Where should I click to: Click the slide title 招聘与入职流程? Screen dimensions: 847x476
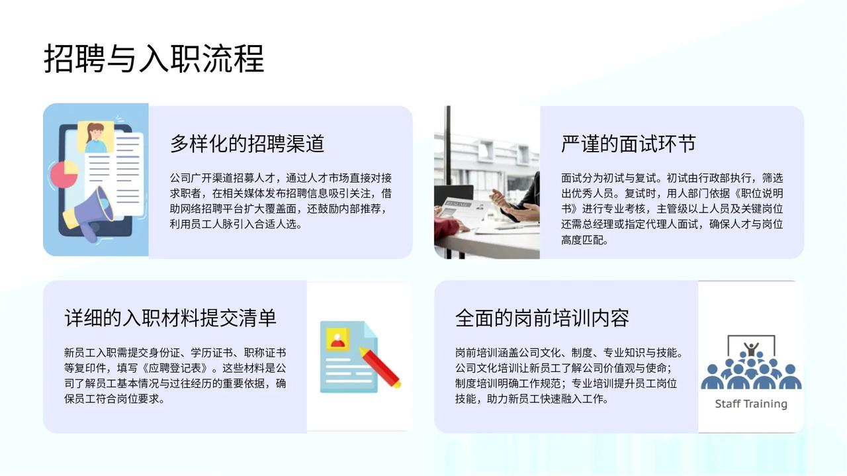pos(154,59)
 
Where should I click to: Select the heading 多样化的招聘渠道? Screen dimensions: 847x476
pos(247,144)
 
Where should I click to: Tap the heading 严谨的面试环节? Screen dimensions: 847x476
pos(629,144)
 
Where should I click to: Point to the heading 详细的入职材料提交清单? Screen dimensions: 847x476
pos(171,318)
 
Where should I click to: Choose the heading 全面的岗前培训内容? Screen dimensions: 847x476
pos(542,318)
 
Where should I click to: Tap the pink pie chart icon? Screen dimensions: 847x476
pos(64,174)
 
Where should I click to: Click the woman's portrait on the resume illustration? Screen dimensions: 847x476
pos(95,137)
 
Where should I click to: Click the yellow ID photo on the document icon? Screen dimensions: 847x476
pos(337,340)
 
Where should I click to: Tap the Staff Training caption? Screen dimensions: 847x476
pos(751,404)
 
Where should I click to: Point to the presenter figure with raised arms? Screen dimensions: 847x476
pos(751,349)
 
